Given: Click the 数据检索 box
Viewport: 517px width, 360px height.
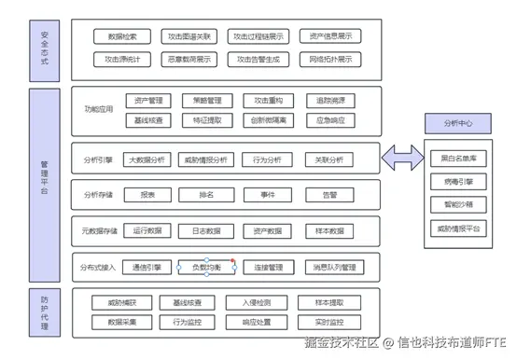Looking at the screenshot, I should click(x=122, y=37).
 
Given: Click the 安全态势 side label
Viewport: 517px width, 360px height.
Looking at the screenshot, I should click(x=44, y=47).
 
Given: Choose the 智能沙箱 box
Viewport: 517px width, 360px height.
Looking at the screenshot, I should click(x=457, y=203).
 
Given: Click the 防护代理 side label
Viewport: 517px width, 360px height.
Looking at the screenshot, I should click(x=44, y=312).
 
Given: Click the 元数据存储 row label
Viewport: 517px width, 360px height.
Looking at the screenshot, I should click(x=99, y=230).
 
